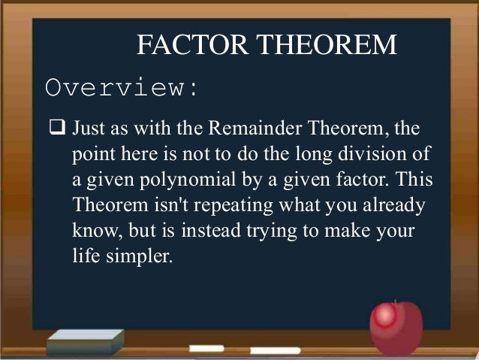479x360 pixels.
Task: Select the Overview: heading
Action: tap(122, 88)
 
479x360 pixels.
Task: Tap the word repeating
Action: tap(213, 206)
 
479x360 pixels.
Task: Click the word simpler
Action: tap(139, 257)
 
